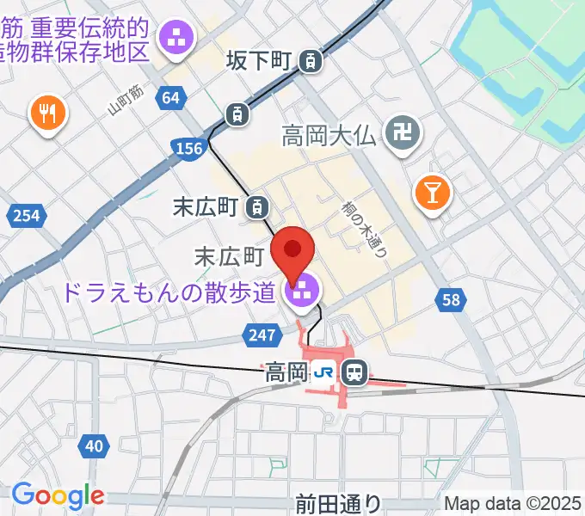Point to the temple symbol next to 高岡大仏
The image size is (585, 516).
tap(400, 133)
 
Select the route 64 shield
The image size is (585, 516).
tap(171, 98)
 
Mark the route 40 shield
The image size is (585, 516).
tap(94, 445)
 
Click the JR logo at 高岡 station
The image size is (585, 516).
tap(324, 372)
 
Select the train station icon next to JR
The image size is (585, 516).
tap(354, 372)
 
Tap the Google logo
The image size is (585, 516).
tap(58, 495)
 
